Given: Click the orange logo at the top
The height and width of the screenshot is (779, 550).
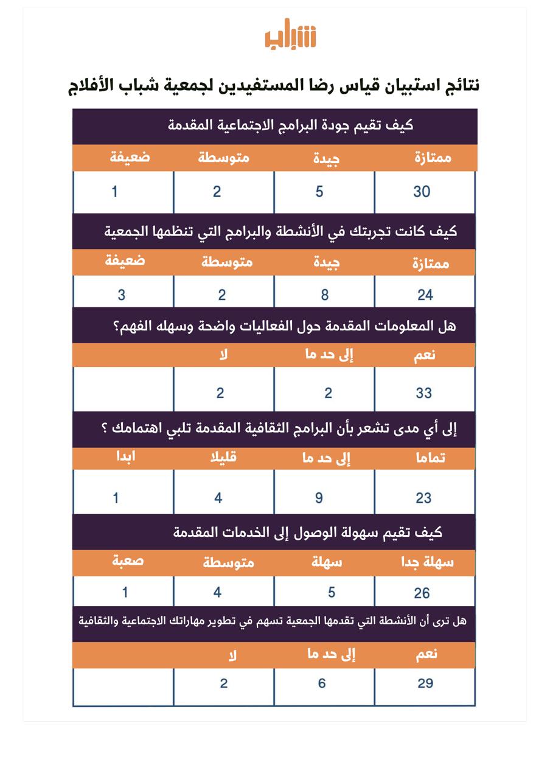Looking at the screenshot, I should tap(290, 37).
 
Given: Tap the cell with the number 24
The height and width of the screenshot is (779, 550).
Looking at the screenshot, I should tap(425, 295).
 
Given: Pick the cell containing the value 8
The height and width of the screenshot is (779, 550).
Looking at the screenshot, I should tap(325, 295).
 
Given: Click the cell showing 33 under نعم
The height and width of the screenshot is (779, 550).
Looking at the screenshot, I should tap(423, 393).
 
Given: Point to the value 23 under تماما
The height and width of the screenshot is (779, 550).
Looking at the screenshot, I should tap(423, 498).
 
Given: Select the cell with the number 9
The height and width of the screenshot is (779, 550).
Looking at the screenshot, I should tap(319, 498).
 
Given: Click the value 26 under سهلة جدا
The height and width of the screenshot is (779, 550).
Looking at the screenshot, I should tap(422, 593).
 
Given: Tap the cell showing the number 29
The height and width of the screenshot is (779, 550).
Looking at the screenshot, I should tap(425, 683).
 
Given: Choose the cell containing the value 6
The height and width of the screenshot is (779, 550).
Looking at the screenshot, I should tap(322, 683).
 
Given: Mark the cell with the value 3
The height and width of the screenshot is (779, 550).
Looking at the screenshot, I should tap(122, 295).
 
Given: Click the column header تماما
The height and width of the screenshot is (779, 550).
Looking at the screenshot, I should tap(429, 458).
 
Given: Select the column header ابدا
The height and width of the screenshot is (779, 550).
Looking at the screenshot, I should tap(125, 457).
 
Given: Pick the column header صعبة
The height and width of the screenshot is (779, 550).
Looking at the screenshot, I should tap(128, 561).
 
